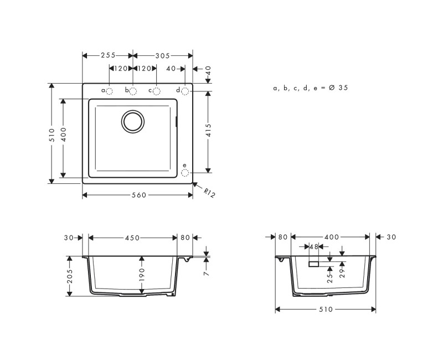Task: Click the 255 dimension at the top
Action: pos(108,55)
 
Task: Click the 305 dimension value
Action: pos(162,55)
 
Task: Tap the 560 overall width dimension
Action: pos(137,195)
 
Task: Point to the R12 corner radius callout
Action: pos(209,193)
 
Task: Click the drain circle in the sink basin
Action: pos(133,121)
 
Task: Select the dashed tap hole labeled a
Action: pos(110,91)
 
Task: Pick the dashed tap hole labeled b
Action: pos(133,91)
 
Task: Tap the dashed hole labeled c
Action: pos(156,91)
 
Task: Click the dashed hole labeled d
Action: pos(185,90)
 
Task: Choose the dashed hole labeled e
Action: pos(185,172)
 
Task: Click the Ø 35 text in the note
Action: pos(338,88)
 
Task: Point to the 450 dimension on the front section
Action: pos(132,238)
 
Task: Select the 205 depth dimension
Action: pos(70,276)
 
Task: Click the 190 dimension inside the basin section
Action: pos(142,275)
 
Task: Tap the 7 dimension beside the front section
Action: pos(206,272)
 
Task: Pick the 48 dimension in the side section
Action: pos(313,246)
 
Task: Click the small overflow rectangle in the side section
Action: pos(313,264)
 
